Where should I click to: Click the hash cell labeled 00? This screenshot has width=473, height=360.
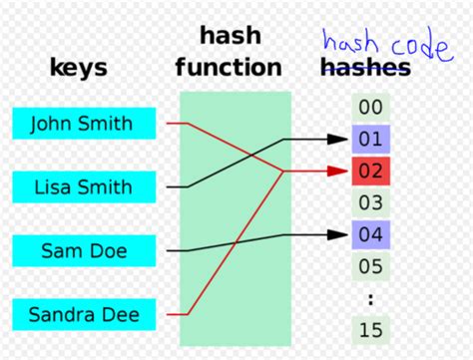[x=370, y=108]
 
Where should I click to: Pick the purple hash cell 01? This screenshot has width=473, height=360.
[x=370, y=139]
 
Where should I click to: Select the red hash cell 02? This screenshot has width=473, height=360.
[x=370, y=171]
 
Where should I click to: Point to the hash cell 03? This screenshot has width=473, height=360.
[x=370, y=203]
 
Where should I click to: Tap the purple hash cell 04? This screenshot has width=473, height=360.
[x=370, y=235]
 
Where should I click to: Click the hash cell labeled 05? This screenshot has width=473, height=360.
[x=370, y=267]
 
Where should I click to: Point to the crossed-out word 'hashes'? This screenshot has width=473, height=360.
[x=364, y=68]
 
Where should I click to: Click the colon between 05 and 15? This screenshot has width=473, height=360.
[x=370, y=297]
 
